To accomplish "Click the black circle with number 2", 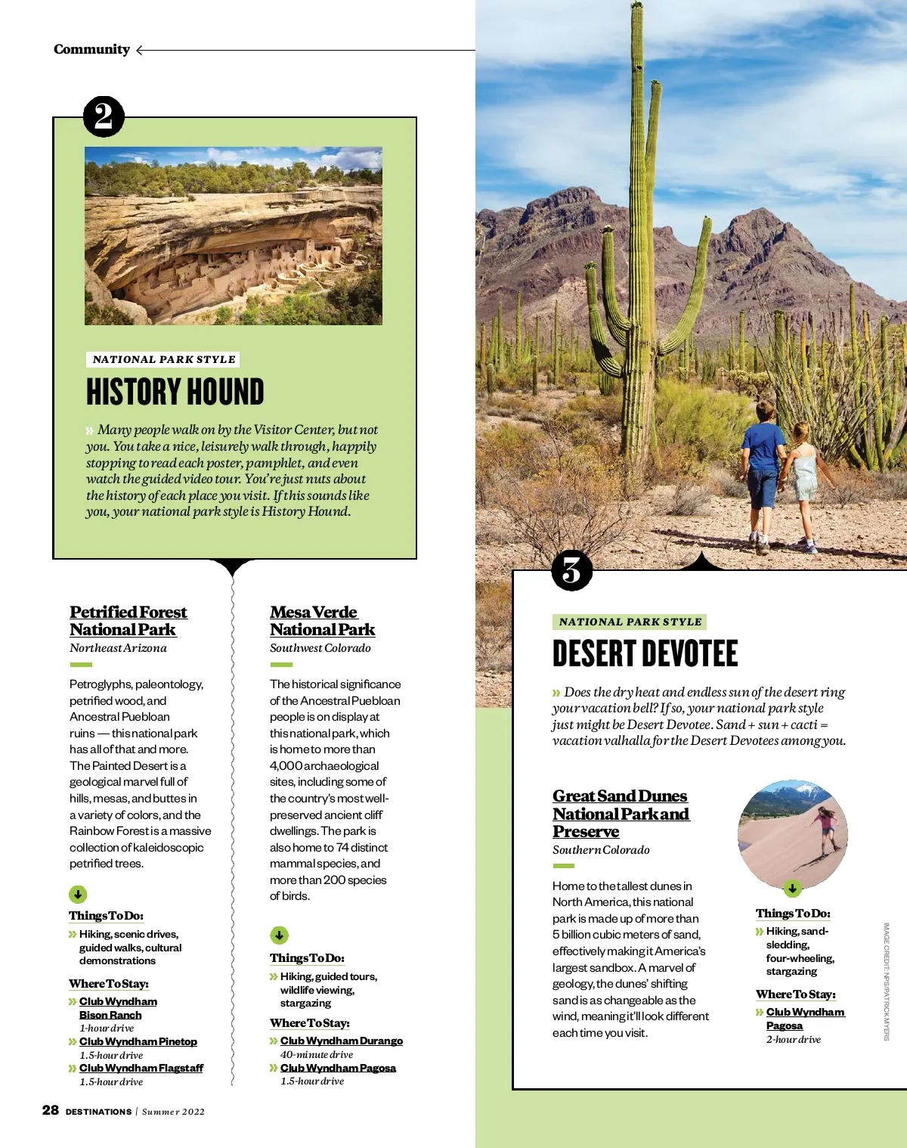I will click(104, 116).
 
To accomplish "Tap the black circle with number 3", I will click(572, 571).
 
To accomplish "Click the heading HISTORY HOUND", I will click(175, 392).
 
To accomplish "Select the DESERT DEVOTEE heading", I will click(645, 654).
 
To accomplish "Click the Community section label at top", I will click(91, 50).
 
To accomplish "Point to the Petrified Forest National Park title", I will click(128, 621).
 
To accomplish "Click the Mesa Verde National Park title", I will click(322, 621).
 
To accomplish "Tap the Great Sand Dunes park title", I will click(621, 814).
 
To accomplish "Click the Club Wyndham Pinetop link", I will click(138, 1041).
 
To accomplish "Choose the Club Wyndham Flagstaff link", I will click(141, 1068).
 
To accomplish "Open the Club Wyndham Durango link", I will click(342, 1041).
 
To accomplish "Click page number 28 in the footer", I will click(51, 1110).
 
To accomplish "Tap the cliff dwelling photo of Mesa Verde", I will click(234, 236).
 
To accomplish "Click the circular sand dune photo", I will click(792, 834).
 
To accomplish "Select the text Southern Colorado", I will click(601, 850).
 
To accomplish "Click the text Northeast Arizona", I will click(118, 648).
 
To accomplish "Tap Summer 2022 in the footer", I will click(173, 1112).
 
